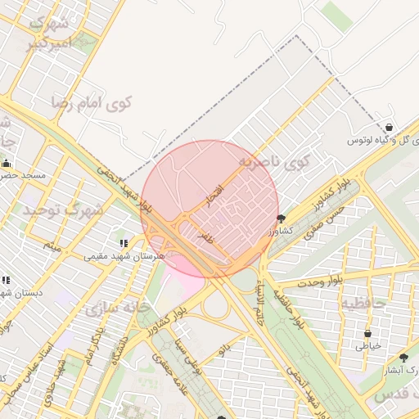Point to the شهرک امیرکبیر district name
tap(49, 34)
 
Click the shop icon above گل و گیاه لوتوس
tap(389, 128)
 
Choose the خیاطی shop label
tap(367, 346)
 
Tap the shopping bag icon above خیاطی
tap(367, 333)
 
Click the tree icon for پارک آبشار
tap(403, 357)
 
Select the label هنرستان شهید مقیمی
tap(124, 256)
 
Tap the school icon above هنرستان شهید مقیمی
tap(124, 243)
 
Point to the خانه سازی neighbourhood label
tap(114, 309)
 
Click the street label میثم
tap(52, 245)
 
